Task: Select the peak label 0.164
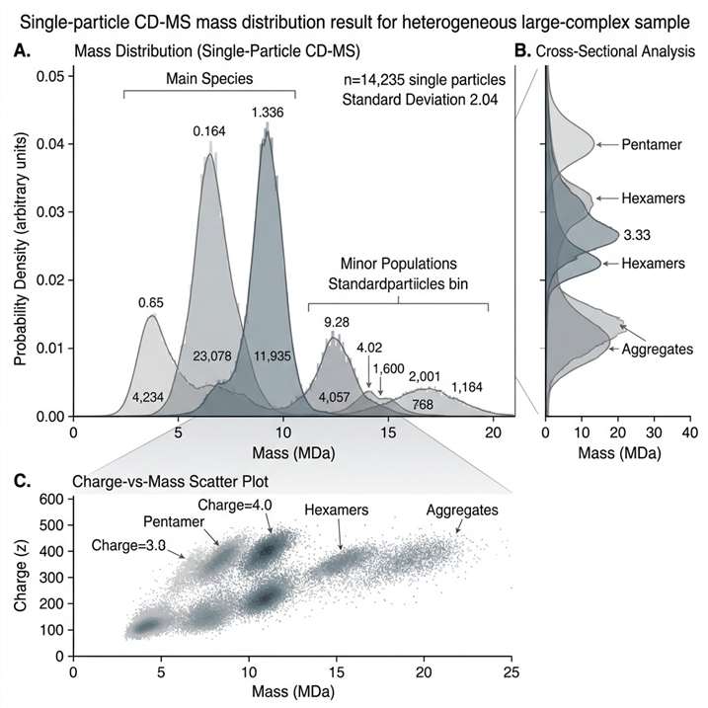pyautogui.click(x=208, y=130)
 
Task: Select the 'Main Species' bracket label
pyautogui.click(x=207, y=77)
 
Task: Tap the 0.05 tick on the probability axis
pyautogui.click(x=45, y=76)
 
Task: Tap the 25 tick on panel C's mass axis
pyautogui.click(x=511, y=672)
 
